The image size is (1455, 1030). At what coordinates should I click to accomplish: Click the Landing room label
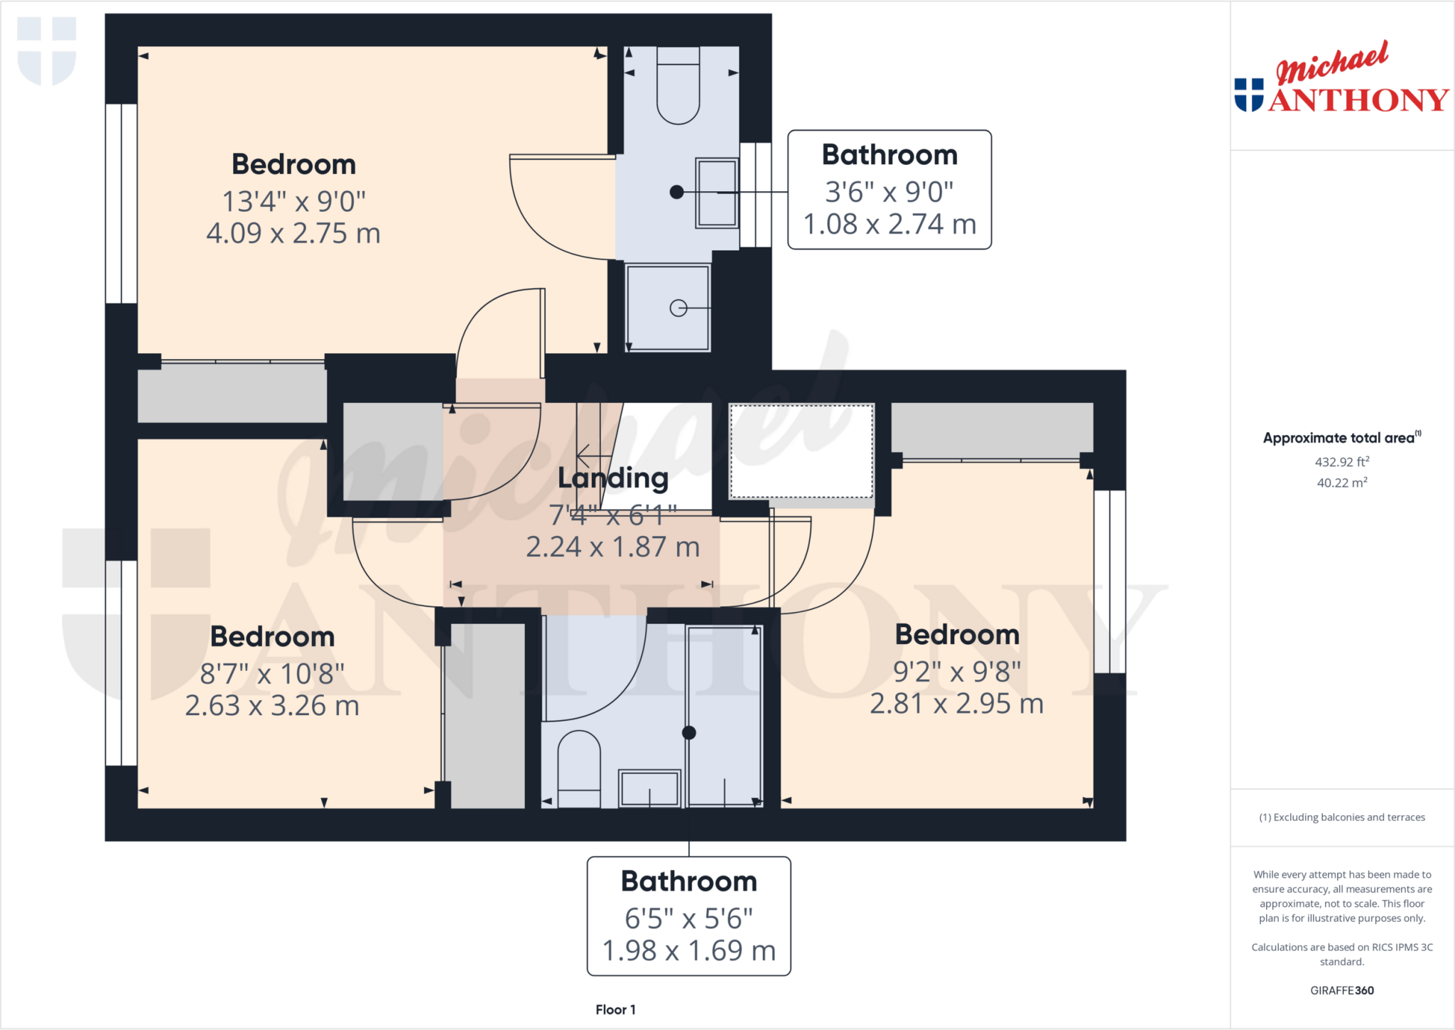coord(612,478)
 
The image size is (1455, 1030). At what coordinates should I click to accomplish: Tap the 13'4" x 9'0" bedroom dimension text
coord(293,202)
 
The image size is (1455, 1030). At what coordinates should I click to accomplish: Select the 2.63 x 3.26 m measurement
coord(272,706)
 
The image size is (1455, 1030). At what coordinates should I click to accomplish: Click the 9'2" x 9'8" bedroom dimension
coord(956,671)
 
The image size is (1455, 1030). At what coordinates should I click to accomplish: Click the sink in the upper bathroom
coord(716,193)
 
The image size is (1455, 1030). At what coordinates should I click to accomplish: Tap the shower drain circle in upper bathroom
coord(678,308)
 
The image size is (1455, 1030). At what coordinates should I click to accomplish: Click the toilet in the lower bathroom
coord(579,768)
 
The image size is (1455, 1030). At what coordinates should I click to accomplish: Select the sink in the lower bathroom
coord(649,788)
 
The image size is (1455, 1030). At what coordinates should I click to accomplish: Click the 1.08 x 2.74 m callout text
coord(889,225)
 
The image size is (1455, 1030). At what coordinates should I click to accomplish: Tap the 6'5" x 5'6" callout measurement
coord(688,918)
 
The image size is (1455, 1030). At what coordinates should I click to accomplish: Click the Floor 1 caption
coord(615,1009)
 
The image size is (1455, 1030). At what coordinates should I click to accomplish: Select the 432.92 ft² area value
coord(1341,462)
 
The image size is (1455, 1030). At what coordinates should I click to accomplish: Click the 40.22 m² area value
coord(1341,483)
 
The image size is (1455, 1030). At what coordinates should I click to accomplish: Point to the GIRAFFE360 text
coord(1341,990)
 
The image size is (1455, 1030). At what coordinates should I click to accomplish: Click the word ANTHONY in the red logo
coord(1358,100)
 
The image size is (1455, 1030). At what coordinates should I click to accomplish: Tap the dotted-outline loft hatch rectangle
coord(801,451)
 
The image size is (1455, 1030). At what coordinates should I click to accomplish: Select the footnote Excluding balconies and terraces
coord(1341,817)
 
